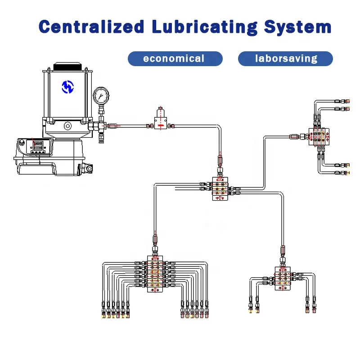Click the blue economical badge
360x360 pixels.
click(x=175, y=58)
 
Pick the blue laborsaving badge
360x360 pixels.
click(x=286, y=58)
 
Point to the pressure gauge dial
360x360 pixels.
click(x=101, y=95)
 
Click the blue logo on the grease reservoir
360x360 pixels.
click(x=67, y=86)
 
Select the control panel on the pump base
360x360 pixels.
click(x=36, y=146)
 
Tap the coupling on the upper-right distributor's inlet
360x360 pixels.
click(x=295, y=136)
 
